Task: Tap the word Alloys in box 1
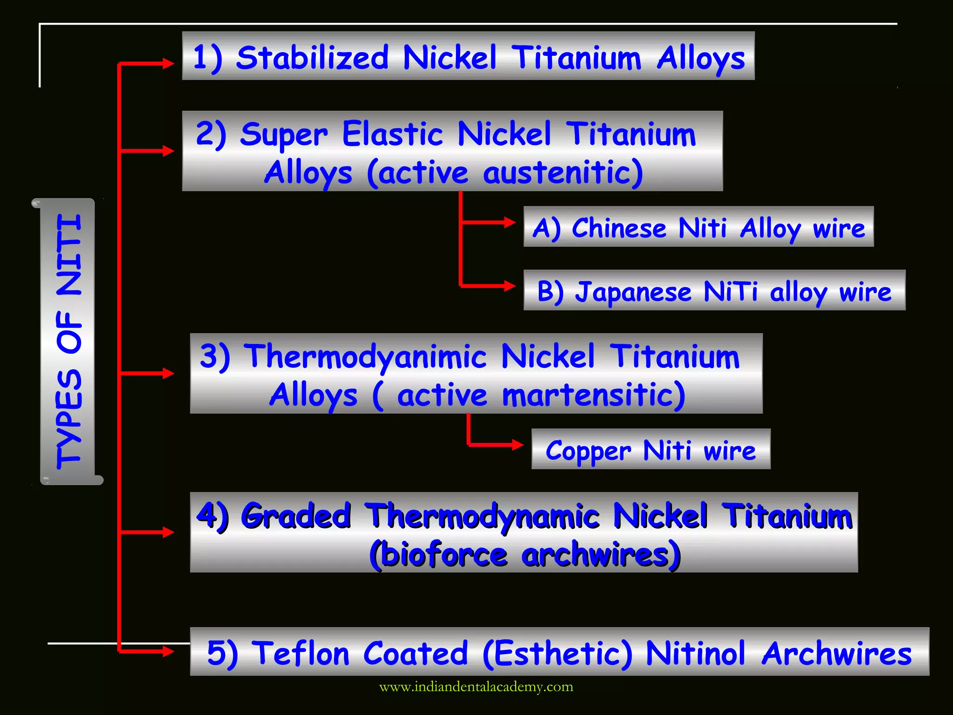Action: click(x=701, y=59)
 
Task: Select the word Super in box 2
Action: click(x=283, y=135)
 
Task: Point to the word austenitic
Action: click(x=563, y=173)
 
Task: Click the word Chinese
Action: click(x=619, y=228)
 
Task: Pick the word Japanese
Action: click(x=633, y=292)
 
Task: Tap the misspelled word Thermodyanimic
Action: click(x=365, y=357)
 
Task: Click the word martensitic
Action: click(x=593, y=395)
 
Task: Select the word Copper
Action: click(x=588, y=451)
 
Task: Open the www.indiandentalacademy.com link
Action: click(x=476, y=687)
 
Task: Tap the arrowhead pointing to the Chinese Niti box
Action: click(x=510, y=222)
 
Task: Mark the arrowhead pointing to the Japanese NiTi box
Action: click(x=510, y=285)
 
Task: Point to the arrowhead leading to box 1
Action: click(x=168, y=63)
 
